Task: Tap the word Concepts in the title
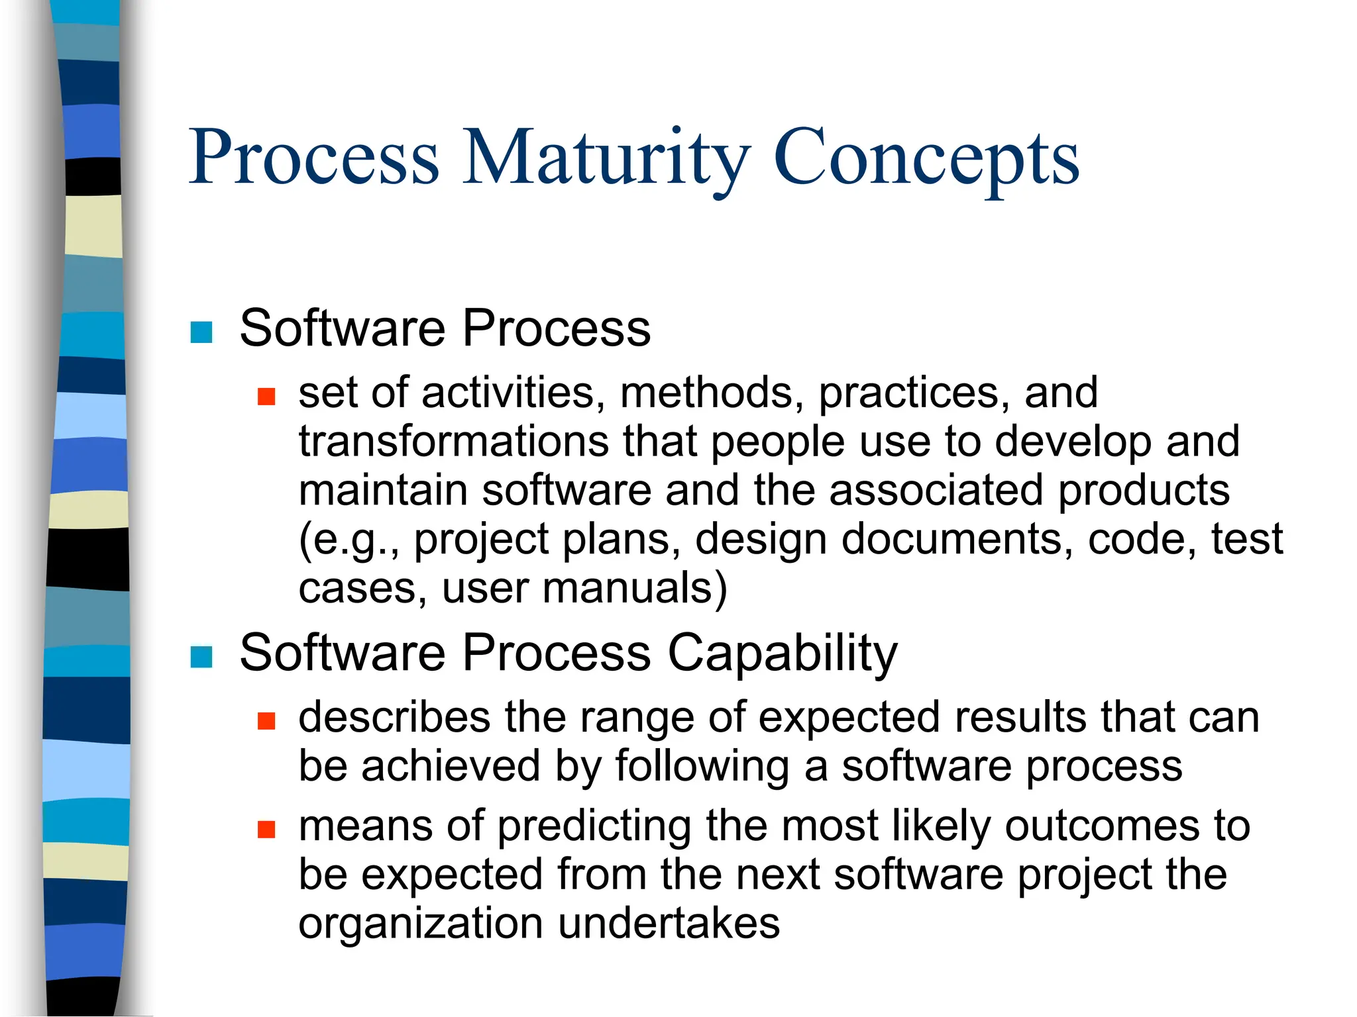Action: click(x=926, y=159)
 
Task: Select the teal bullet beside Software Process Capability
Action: click(x=201, y=657)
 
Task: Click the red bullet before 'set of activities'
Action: click(x=266, y=397)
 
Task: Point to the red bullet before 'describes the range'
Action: click(x=266, y=720)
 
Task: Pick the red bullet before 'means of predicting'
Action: click(x=266, y=829)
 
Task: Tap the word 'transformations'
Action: click(x=453, y=442)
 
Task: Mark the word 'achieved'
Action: click(x=451, y=766)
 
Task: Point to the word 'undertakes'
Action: click(x=669, y=924)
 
